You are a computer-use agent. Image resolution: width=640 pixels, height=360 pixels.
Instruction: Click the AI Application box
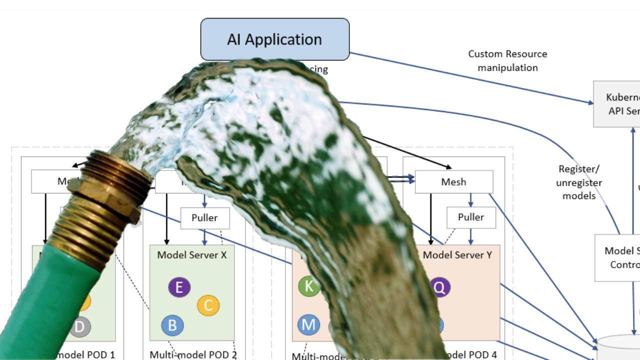274,39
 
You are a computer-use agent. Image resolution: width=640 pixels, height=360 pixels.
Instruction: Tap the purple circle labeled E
179,287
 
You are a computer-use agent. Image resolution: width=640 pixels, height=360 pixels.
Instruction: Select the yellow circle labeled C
208,305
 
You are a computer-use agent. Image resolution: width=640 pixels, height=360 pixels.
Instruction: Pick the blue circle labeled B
172,325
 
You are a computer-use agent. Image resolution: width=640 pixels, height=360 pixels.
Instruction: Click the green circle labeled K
309,286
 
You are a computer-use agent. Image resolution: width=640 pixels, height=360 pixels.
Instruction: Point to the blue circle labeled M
308,325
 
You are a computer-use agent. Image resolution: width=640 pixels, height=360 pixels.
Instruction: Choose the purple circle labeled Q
439,287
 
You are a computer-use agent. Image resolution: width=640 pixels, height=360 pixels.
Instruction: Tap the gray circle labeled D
79,327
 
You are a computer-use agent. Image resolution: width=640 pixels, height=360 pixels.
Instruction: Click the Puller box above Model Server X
205,218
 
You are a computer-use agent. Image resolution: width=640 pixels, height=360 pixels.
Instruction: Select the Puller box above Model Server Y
471,217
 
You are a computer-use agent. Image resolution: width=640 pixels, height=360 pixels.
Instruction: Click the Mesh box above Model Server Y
453,182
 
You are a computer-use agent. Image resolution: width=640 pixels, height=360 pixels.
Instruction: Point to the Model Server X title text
192,255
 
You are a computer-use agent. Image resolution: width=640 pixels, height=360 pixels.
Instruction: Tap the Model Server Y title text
457,255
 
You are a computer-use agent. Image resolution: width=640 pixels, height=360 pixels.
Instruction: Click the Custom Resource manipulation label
507,60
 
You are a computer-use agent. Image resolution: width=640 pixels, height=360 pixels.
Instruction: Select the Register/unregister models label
579,182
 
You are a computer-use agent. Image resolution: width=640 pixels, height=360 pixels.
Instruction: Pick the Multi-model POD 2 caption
193,355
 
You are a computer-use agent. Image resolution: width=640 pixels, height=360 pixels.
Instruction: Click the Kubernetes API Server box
620,104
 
